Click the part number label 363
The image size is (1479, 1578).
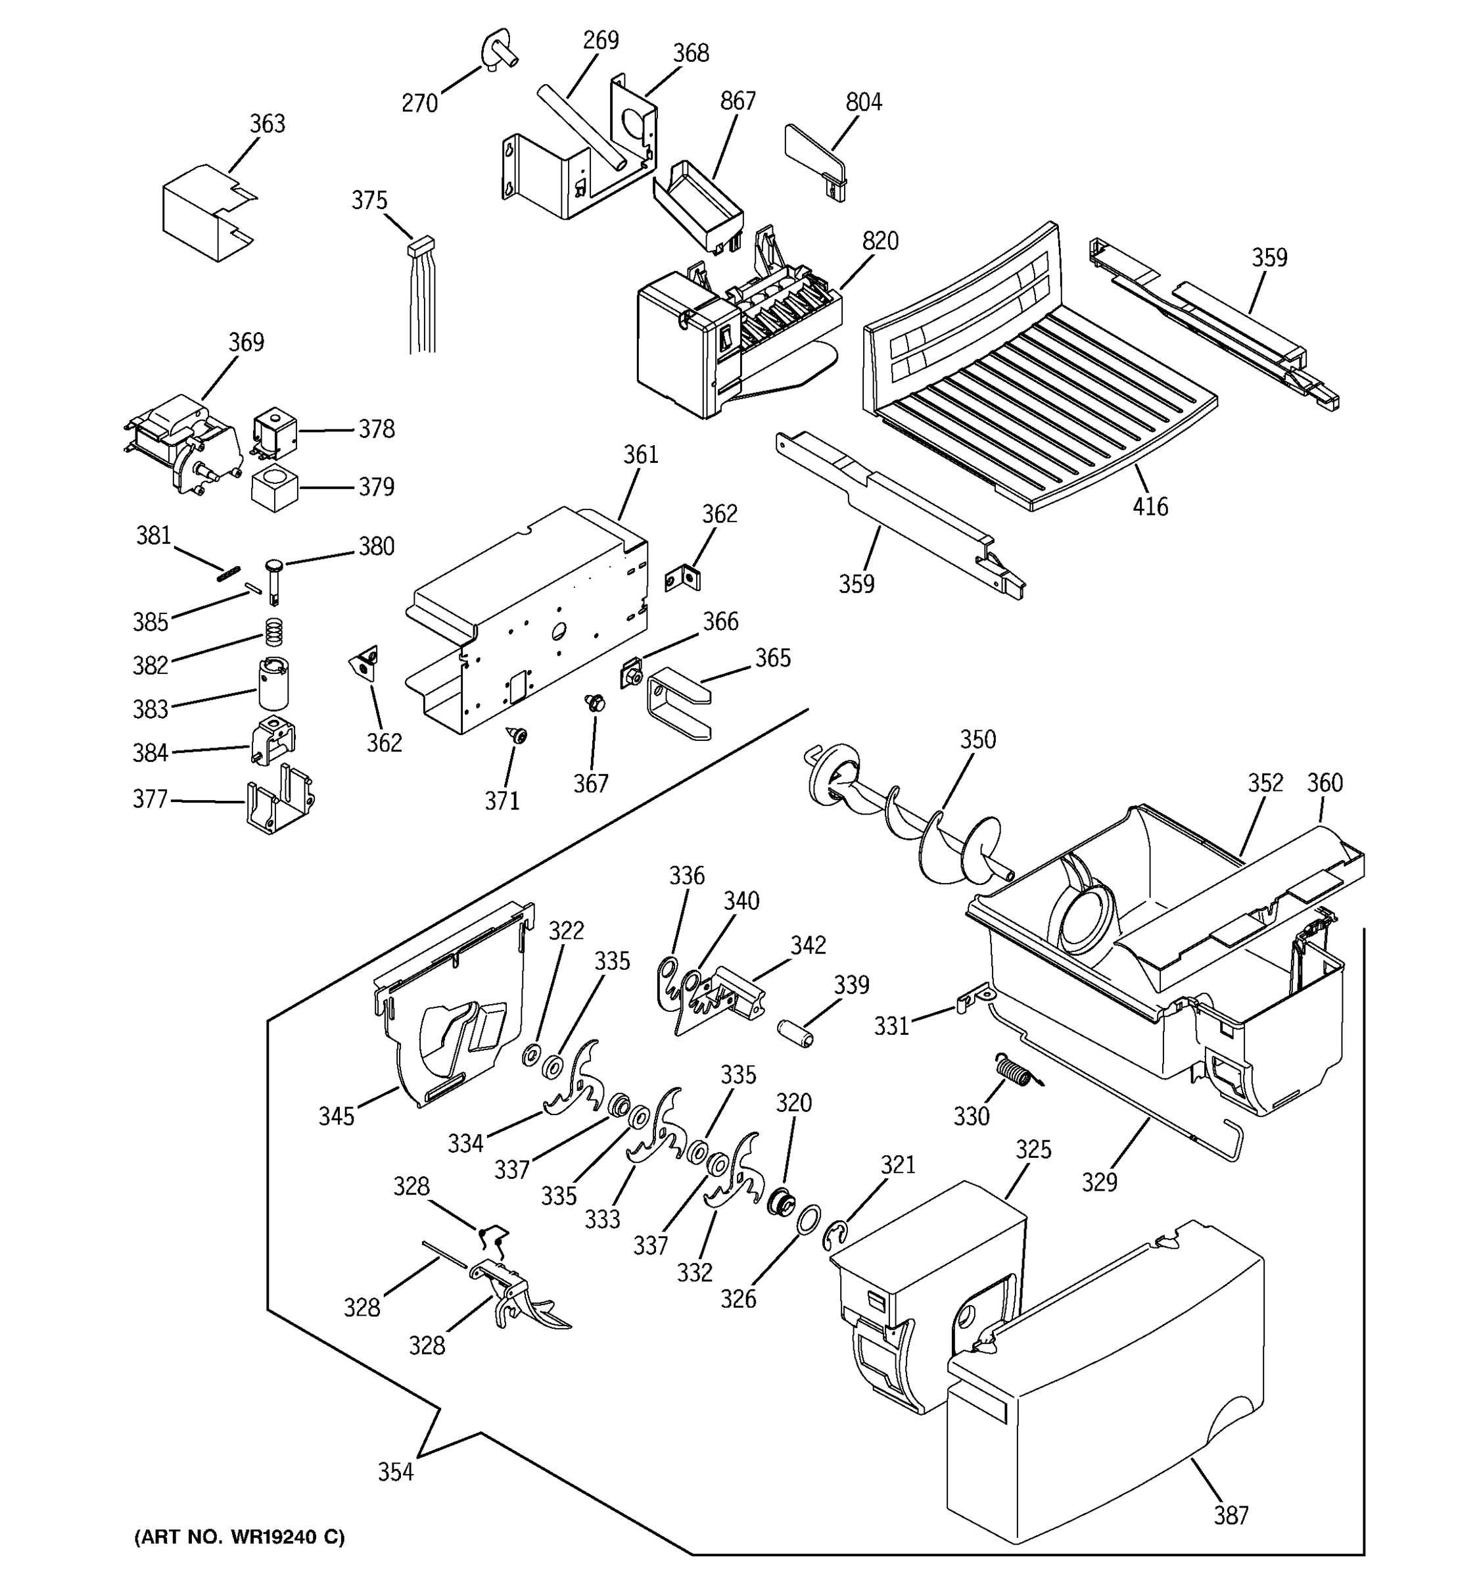268,124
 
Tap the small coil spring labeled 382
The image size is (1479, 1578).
273,632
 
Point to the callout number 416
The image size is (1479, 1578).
1150,506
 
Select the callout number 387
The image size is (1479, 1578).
1231,1516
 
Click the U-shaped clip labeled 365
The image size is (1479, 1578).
678,702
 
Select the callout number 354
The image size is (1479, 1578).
395,1471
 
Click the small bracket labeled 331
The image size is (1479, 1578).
974,1000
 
